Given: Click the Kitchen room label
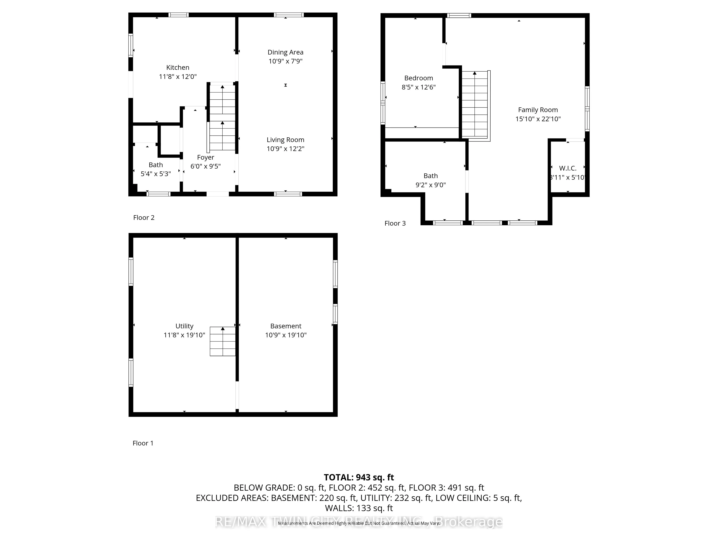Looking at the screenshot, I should pyautogui.click(x=178, y=67).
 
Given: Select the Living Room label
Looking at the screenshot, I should pyautogui.click(x=285, y=140).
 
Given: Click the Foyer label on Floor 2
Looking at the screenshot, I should pyautogui.click(x=206, y=157).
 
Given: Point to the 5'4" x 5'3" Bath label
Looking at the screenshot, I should pyautogui.click(x=155, y=174).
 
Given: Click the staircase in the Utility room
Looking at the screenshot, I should pyautogui.click(x=223, y=341).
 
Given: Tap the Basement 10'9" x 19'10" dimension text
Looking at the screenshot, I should pyautogui.click(x=286, y=335).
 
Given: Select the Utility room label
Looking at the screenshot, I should pyautogui.click(x=184, y=326).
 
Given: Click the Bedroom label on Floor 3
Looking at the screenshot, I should pyautogui.click(x=418, y=78).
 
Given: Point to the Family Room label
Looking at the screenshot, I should pyautogui.click(x=538, y=110).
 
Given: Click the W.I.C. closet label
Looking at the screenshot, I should pyautogui.click(x=568, y=168).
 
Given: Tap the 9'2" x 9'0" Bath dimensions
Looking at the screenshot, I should pyautogui.click(x=430, y=185).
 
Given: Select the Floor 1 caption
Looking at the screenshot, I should pyautogui.click(x=143, y=443).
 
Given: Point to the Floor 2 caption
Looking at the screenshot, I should pyautogui.click(x=143, y=218).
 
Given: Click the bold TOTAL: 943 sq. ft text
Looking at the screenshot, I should pyautogui.click(x=359, y=477).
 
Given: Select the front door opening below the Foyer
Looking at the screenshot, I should pyautogui.click(x=218, y=194).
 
